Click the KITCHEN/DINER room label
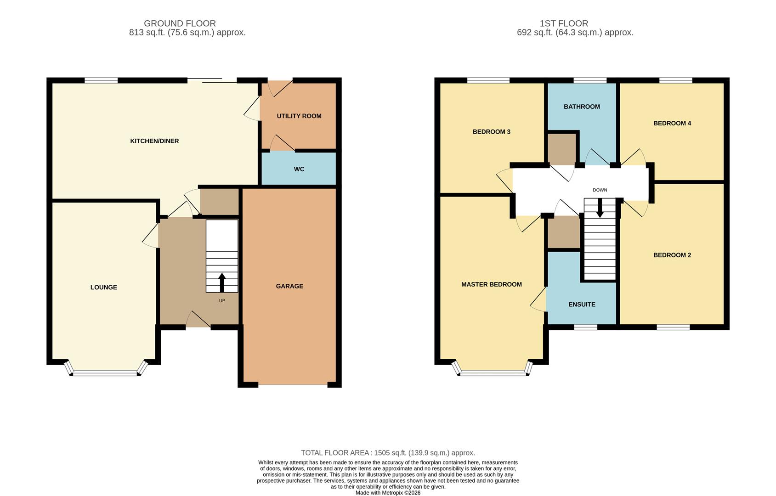click(x=154, y=141)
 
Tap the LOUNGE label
click(x=104, y=287)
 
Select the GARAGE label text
click(x=289, y=286)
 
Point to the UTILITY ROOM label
click(x=299, y=116)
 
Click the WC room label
click(x=299, y=169)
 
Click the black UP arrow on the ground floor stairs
click(x=222, y=282)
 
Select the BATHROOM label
click(x=582, y=107)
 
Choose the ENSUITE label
click(x=582, y=304)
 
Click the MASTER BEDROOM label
click(x=491, y=285)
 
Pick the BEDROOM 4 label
click(x=672, y=123)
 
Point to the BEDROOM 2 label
click(x=672, y=255)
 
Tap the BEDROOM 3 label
click(x=491, y=132)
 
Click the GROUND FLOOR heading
click(x=180, y=23)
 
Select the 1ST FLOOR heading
click(x=564, y=23)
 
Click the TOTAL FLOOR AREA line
click(x=388, y=453)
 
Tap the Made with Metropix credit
click(x=388, y=493)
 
